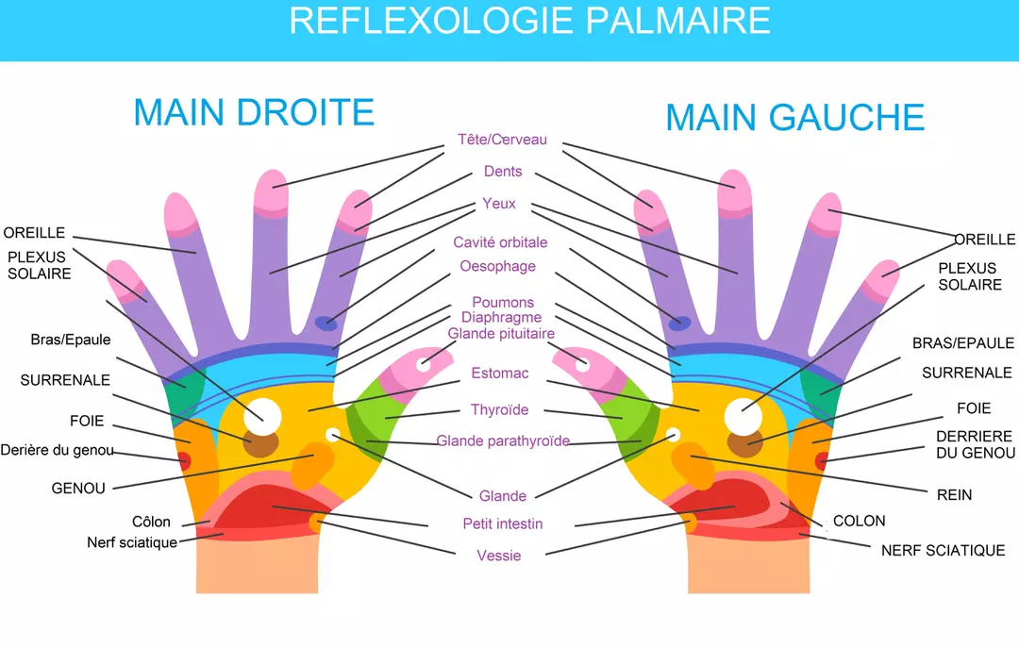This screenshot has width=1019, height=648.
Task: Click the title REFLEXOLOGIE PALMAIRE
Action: (x=529, y=21)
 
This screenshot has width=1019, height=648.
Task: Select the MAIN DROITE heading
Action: (x=254, y=112)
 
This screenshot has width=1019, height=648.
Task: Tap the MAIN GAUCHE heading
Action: (x=794, y=118)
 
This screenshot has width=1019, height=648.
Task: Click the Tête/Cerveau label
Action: (x=502, y=140)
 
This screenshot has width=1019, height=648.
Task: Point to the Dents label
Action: (x=503, y=172)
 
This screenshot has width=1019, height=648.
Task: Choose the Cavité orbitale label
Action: (x=500, y=242)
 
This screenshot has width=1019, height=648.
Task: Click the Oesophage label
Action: (x=498, y=266)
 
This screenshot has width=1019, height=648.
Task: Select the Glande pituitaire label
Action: (x=501, y=334)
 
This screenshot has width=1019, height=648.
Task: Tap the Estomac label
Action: (x=500, y=373)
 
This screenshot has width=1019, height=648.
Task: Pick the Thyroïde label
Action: (x=500, y=409)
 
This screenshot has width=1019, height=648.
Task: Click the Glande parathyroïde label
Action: (x=503, y=440)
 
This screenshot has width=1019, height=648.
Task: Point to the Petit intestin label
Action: (x=503, y=523)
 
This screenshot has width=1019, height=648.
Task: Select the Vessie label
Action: (x=499, y=556)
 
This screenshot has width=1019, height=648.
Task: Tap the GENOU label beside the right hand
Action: (x=78, y=489)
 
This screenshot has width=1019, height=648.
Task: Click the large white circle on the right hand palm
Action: (x=262, y=415)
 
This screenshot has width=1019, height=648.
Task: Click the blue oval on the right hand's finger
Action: (x=326, y=324)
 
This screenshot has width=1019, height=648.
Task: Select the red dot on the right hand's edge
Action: (x=184, y=461)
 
